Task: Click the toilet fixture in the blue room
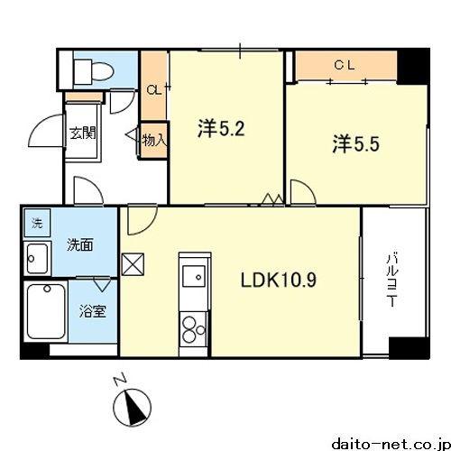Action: point(94,71)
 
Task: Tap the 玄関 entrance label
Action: point(83,133)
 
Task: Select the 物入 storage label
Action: point(154,140)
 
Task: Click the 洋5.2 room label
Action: point(221,129)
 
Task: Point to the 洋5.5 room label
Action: point(355,144)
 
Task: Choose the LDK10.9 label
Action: point(278,280)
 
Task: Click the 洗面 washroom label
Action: point(80,245)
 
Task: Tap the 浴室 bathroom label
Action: point(93,311)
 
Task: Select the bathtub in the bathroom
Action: point(46,312)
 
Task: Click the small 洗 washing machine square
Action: point(37,223)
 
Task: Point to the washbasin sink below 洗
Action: point(37,259)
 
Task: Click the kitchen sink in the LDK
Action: point(194,276)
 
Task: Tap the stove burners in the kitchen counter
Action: point(193,330)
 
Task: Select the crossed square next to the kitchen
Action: point(133,264)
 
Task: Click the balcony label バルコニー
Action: point(392,281)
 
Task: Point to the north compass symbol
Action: point(132,408)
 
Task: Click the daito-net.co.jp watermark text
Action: point(391,444)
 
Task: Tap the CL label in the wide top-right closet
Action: point(345,65)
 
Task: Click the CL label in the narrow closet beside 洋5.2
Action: point(154,89)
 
